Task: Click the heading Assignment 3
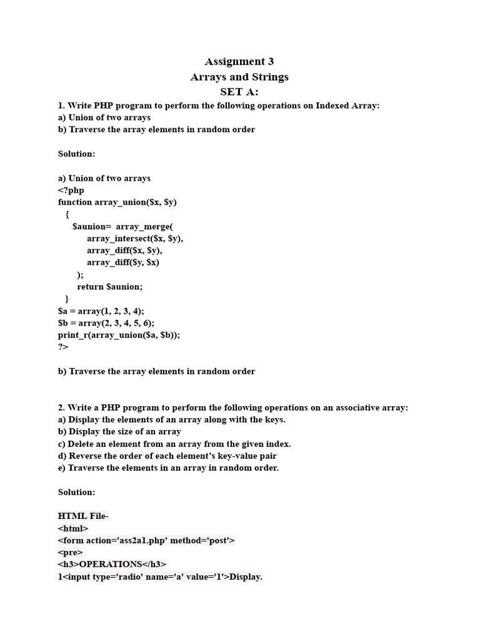tap(239, 61)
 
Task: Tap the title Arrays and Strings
tap(239, 77)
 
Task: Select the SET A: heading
tap(239, 92)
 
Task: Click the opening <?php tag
tap(71, 190)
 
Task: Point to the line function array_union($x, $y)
tap(117, 202)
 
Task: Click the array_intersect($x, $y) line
tap(135, 238)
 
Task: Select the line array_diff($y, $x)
tap(123, 262)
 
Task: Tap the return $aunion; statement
tap(110, 287)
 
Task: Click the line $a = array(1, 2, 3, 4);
tap(101, 310)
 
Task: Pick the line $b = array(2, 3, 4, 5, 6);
tap(106, 323)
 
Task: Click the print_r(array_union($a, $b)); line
tap(119, 335)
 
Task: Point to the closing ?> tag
tap(63, 347)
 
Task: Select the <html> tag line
tap(74, 528)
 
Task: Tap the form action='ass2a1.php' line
tap(146, 540)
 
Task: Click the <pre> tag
tap(70, 553)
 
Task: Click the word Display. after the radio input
tap(246, 577)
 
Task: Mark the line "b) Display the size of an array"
tap(119, 431)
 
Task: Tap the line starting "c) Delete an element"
tap(174, 444)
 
